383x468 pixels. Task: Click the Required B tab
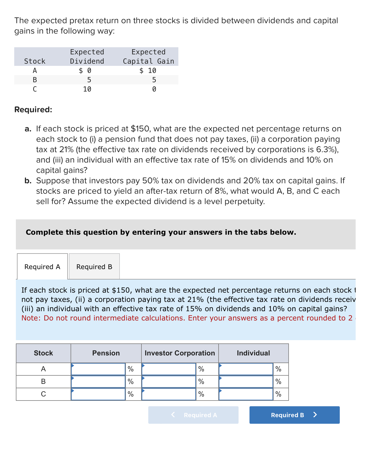[94, 267]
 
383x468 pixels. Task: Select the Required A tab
[42, 267]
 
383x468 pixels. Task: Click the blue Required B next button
[294, 415]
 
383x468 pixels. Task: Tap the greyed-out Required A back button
[193, 415]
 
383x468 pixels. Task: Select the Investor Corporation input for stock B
[169, 382]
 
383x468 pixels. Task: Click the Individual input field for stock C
[246, 394]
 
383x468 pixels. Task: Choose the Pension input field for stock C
[98, 394]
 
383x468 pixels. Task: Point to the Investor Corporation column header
[180, 353]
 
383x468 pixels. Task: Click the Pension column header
[106, 353]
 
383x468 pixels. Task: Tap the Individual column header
[253, 353]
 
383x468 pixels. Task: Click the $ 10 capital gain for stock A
[148, 71]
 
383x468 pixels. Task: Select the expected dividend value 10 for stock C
[87, 89]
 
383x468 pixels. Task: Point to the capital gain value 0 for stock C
[154, 89]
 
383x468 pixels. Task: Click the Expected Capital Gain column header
[148, 57]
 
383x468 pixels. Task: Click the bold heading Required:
[33, 110]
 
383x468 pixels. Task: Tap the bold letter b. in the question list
[28, 181]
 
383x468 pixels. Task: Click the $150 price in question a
[140, 129]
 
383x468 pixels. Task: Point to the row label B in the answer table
[43, 382]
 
